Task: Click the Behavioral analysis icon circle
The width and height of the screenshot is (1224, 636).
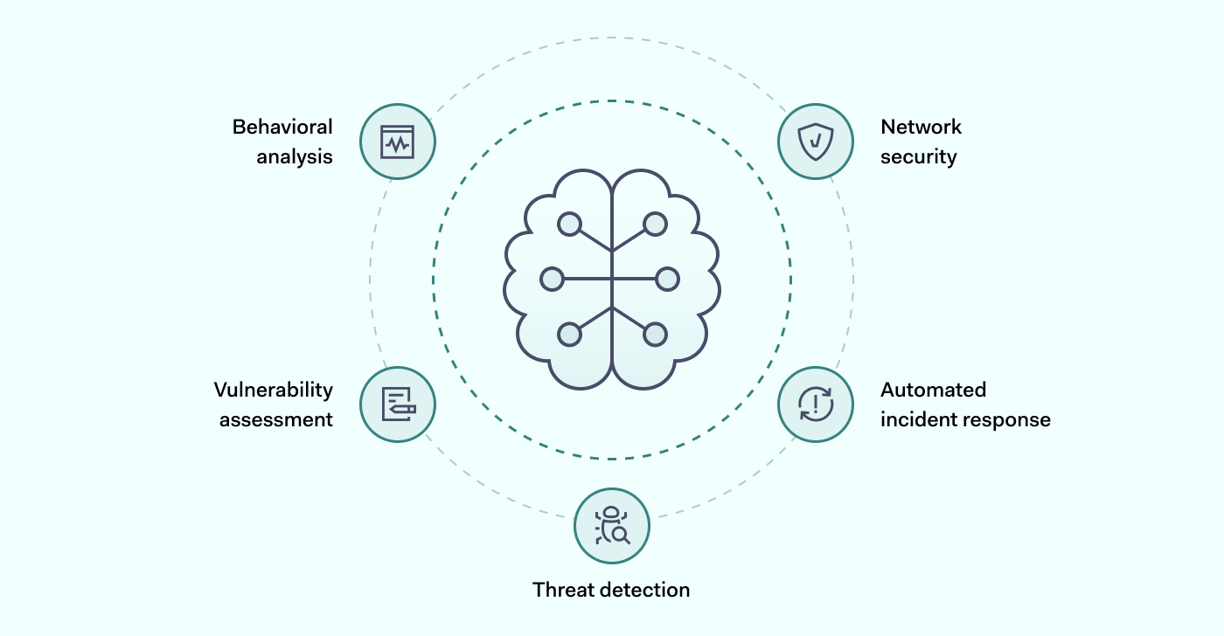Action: [x=398, y=142]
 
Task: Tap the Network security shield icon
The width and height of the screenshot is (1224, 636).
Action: [x=816, y=142]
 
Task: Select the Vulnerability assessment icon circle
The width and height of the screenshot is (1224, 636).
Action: [x=398, y=404]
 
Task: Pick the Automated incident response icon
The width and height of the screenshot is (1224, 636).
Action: [x=816, y=404]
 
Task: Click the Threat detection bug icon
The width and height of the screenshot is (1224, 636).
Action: [x=612, y=526]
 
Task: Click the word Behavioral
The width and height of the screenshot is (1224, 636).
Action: [x=282, y=127]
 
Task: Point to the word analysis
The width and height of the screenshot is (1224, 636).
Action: [x=295, y=157]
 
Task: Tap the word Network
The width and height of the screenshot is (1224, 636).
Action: [x=921, y=127]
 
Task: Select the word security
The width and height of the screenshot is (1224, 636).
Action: [x=918, y=157]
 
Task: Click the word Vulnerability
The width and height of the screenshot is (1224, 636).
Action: [x=274, y=390]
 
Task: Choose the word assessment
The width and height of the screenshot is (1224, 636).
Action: [x=276, y=419]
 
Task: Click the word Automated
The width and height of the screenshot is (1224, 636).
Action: [x=933, y=390]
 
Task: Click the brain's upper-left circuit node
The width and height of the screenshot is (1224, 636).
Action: [x=569, y=225]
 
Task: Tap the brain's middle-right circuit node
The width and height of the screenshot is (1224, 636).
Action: [x=667, y=279]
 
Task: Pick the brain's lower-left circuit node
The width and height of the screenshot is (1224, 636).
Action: [x=569, y=334]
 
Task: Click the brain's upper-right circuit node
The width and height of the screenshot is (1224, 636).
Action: [x=655, y=225]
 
